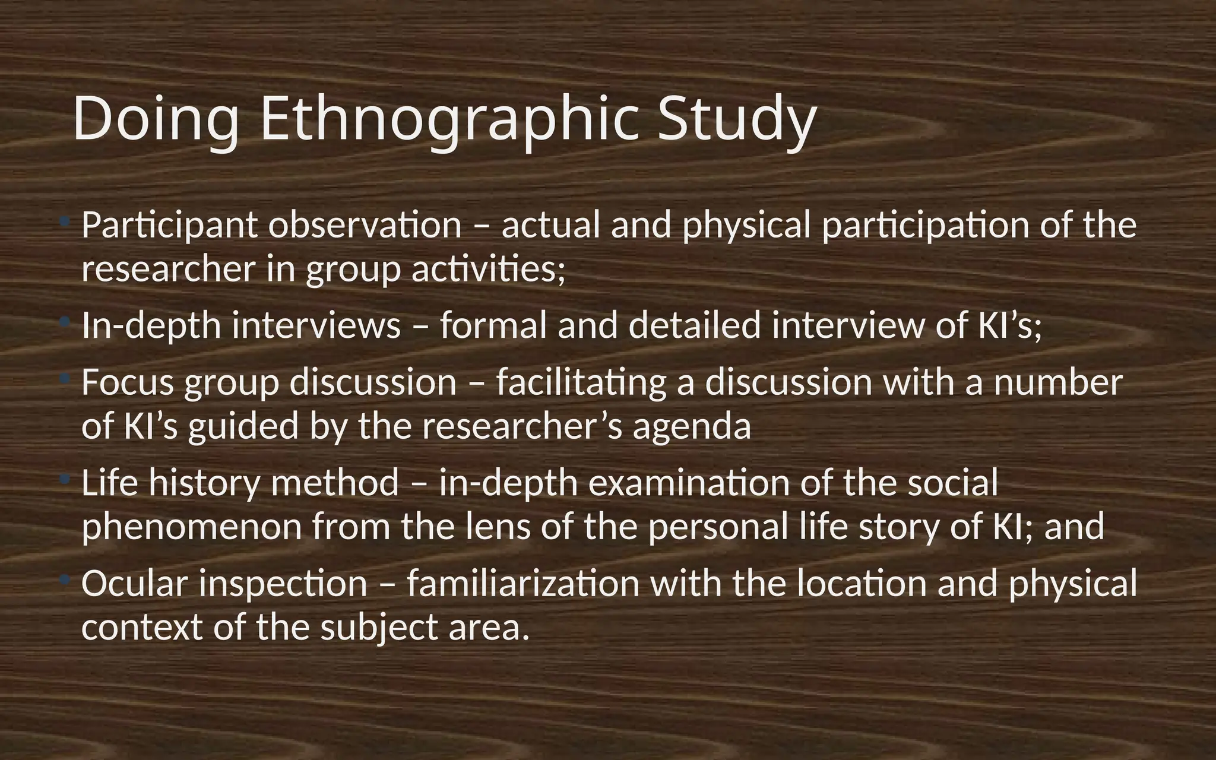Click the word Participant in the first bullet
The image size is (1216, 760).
point(169,226)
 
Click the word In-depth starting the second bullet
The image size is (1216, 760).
point(151,326)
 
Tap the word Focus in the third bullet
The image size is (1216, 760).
point(128,382)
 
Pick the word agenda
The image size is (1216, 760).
point(692,426)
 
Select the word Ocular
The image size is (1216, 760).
point(134,584)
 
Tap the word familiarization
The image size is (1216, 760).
point(523,584)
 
